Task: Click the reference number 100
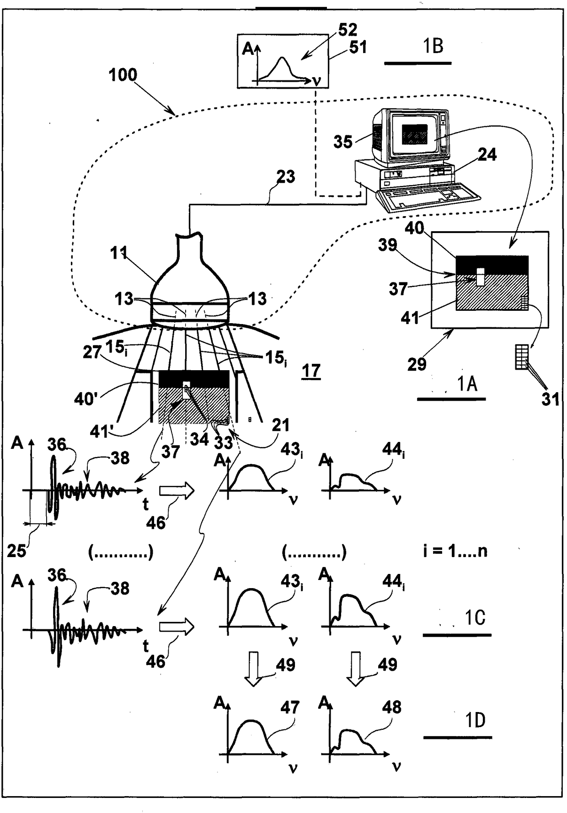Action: tap(123, 75)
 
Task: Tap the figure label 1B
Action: tap(433, 46)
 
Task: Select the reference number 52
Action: tap(347, 30)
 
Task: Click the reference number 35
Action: tap(343, 142)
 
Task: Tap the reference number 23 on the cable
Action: tap(286, 176)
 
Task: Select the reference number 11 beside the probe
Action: tap(118, 253)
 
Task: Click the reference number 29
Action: tap(417, 364)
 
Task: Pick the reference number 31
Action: tap(550, 399)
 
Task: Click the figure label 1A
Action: tap(467, 384)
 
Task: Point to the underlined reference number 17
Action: tap(311, 371)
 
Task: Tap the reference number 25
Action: tap(16, 551)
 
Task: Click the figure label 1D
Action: tap(475, 721)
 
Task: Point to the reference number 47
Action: tap(289, 707)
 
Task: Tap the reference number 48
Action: tap(392, 707)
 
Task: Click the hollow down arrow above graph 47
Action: tap(254, 669)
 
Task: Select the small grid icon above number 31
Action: tap(522, 357)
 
